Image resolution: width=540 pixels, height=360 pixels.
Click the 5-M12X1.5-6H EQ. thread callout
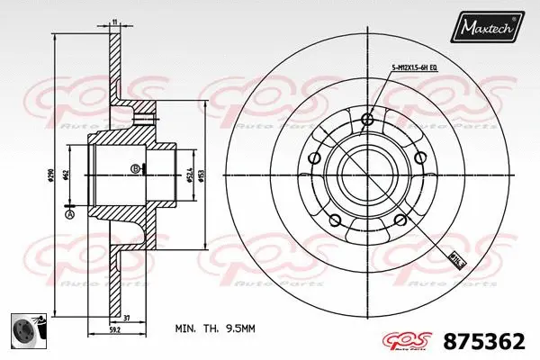pos(414,67)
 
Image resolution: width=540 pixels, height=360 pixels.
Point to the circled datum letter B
pos(135,168)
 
